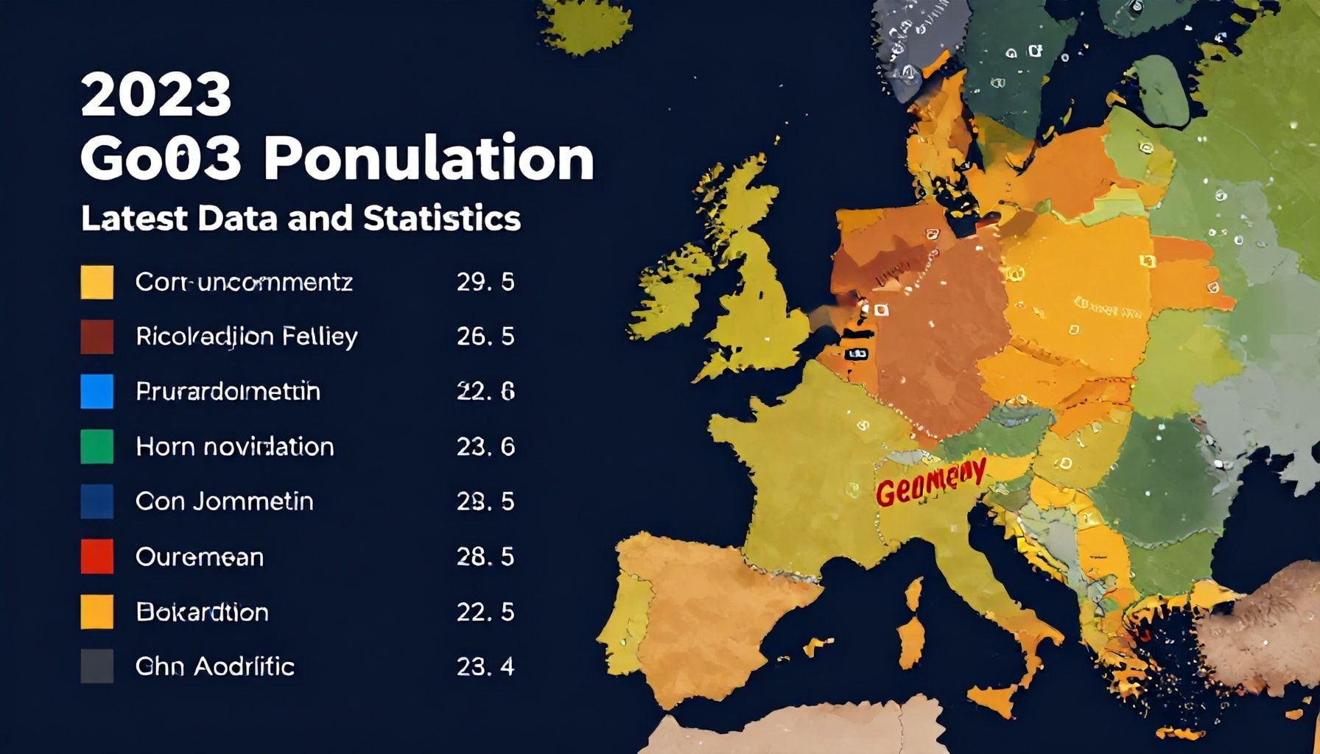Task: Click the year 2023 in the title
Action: point(155,95)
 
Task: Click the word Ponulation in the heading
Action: point(429,158)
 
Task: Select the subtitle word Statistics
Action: point(441,219)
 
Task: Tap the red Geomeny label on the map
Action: point(930,483)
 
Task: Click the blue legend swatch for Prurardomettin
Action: point(96,391)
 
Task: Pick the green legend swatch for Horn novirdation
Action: point(96,446)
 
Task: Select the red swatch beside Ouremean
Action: point(96,557)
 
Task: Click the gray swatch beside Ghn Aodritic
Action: point(96,666)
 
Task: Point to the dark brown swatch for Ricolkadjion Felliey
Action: point(96,337)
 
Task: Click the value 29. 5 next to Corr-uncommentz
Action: point(485,282)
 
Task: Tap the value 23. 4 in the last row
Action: point(485,666)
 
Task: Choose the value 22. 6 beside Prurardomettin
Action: point(485,391)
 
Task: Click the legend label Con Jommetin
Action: point(224,501)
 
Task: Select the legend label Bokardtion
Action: point(202,612)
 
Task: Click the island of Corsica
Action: point(914,593)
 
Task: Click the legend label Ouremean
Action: point(199,557)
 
